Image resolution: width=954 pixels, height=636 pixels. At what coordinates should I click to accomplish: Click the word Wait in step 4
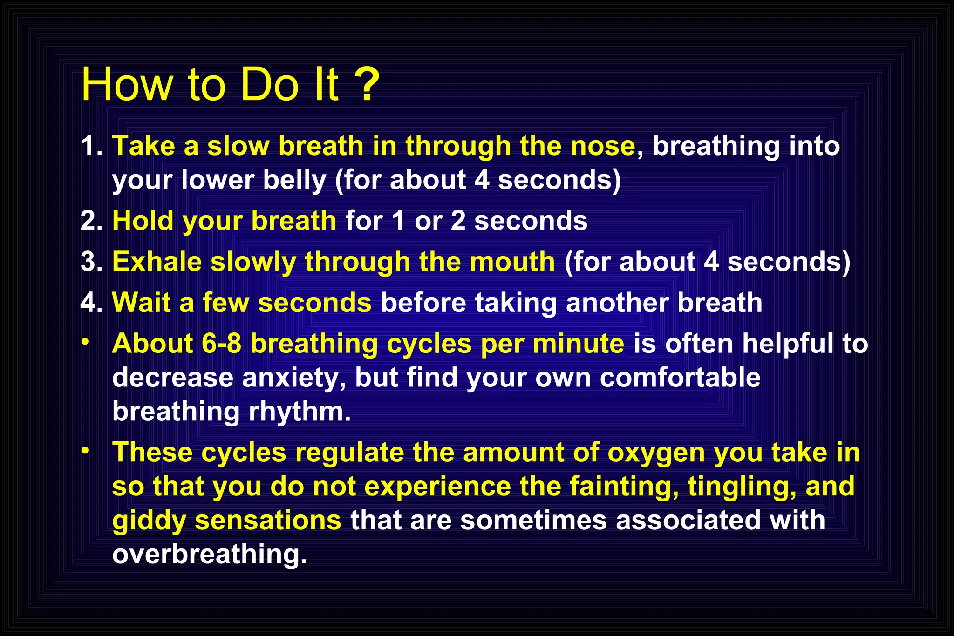141,302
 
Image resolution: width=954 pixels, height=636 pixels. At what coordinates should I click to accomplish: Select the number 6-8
221,344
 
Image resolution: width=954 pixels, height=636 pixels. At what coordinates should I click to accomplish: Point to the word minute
578,344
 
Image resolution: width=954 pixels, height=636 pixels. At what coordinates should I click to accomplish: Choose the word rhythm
300,412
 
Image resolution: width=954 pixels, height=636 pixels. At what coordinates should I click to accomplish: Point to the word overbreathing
210,554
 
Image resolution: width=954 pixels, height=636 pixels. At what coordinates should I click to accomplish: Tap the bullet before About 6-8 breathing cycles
84,342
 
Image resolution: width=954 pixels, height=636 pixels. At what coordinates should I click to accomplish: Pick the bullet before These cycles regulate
84,451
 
